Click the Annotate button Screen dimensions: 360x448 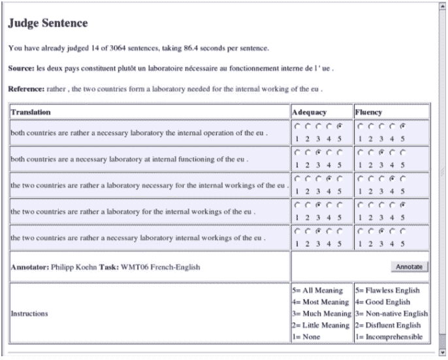click(409, 267)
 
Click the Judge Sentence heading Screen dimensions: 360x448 click(47, 24)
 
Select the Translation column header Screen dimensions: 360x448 click(31, 112)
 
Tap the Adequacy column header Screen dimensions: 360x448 click(309, 112)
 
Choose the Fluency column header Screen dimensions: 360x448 click(369, 112)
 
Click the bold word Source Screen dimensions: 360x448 click(21, 68)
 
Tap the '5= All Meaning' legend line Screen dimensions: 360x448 click(317, 290)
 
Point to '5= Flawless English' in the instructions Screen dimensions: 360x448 click(387, 290)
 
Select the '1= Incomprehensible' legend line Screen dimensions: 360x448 click(390, 337)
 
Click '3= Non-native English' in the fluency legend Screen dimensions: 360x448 click(391, 314)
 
